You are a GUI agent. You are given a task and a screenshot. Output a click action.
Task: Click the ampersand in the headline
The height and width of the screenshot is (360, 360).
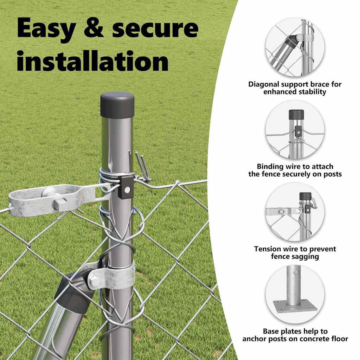tap(94, 28)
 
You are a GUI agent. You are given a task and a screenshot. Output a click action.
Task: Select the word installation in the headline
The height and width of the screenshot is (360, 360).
tap(93, 60)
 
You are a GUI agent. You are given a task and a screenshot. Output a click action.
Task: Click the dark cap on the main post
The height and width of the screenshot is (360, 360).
tap(117, 105)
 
